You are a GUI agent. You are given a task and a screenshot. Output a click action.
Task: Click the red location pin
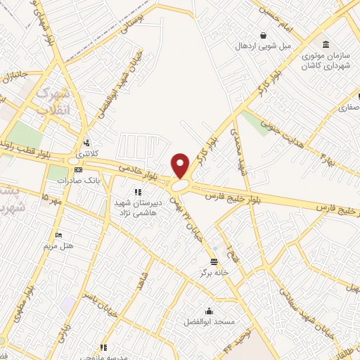click(181, 165)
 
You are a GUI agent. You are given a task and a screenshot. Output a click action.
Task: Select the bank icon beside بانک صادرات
click(78, 169)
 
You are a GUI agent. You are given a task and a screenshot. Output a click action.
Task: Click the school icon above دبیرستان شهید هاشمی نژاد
click(139, 191)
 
